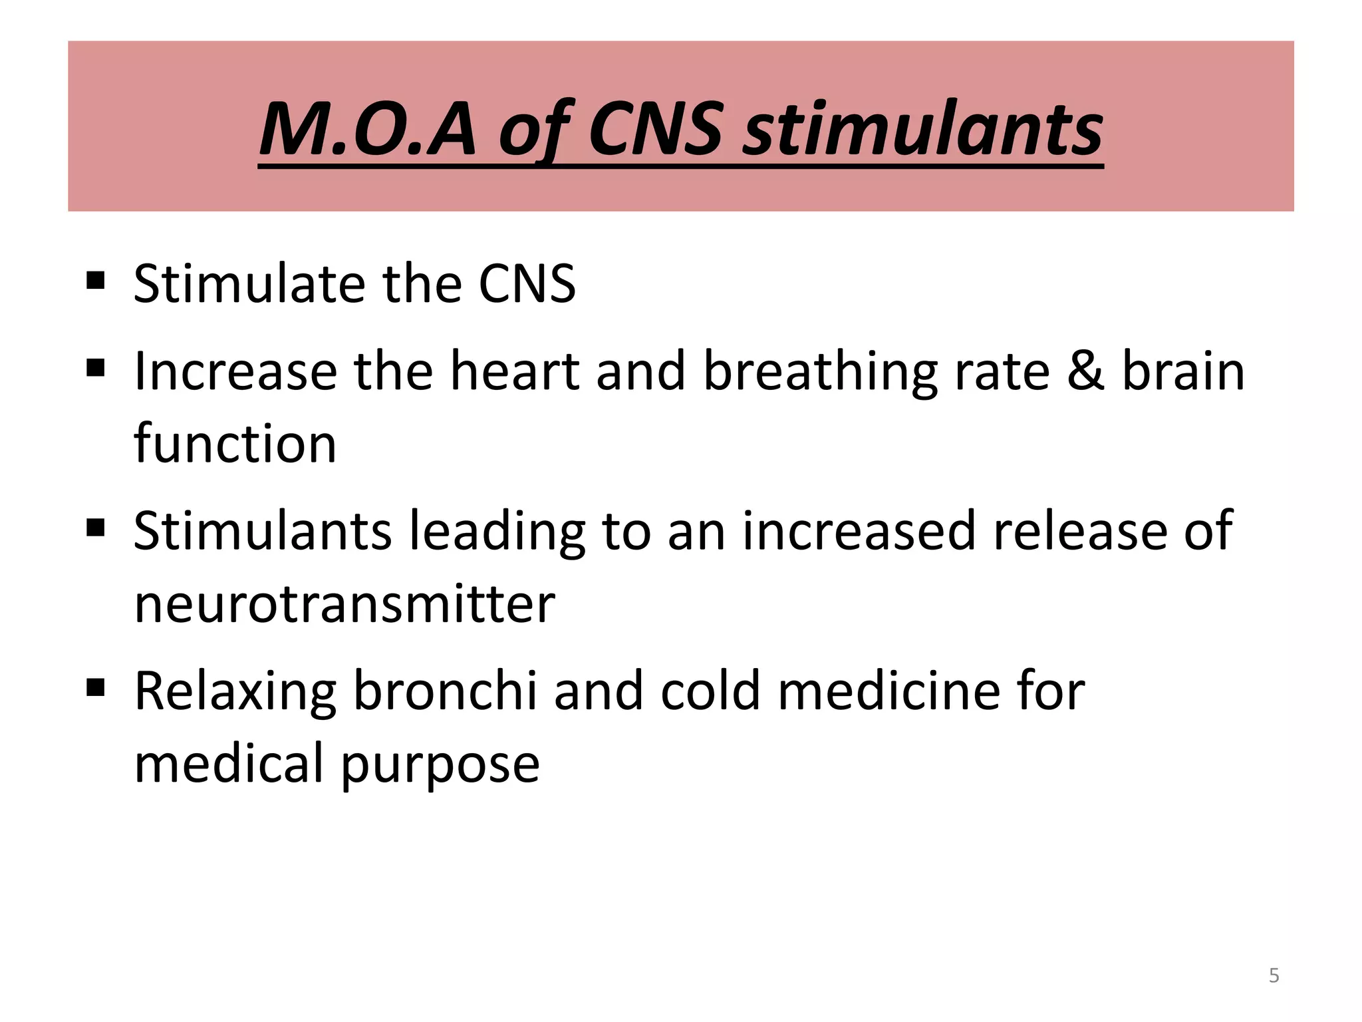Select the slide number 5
[1274, 975]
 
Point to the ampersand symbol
[1085, 371]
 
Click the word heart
[515, 371]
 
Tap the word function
[235, 443]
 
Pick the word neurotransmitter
[344, 603]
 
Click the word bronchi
[444, 691]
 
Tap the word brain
[1183, 371]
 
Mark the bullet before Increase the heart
[96, 367]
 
